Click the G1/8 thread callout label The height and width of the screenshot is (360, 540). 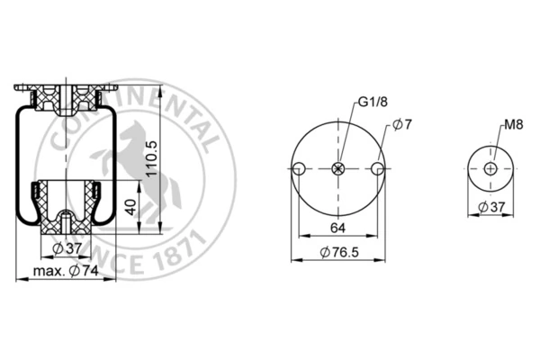pyautogui.click(x=373, y=102)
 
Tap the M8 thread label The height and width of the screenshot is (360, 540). pyautogui.click(x=514, y=124)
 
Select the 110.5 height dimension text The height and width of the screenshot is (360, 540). pyautogui.click(x=152, y=157)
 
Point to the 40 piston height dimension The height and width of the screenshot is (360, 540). pyautogui.click(x=130, y=207)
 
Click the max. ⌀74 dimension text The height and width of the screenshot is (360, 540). pyautogui.click(x=66, y=271)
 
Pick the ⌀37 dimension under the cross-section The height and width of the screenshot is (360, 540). pyautogui.click(x=67, y=248)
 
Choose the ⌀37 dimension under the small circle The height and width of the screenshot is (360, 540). pyautogui.click(x=491, y=207)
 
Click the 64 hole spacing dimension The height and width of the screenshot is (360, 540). pyautogui.click(x=337, y=228)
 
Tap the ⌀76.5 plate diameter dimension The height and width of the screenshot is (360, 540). pyautogui.click(x=339, y=252)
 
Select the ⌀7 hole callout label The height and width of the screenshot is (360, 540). pyautogui.click(x=402, y=124)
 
